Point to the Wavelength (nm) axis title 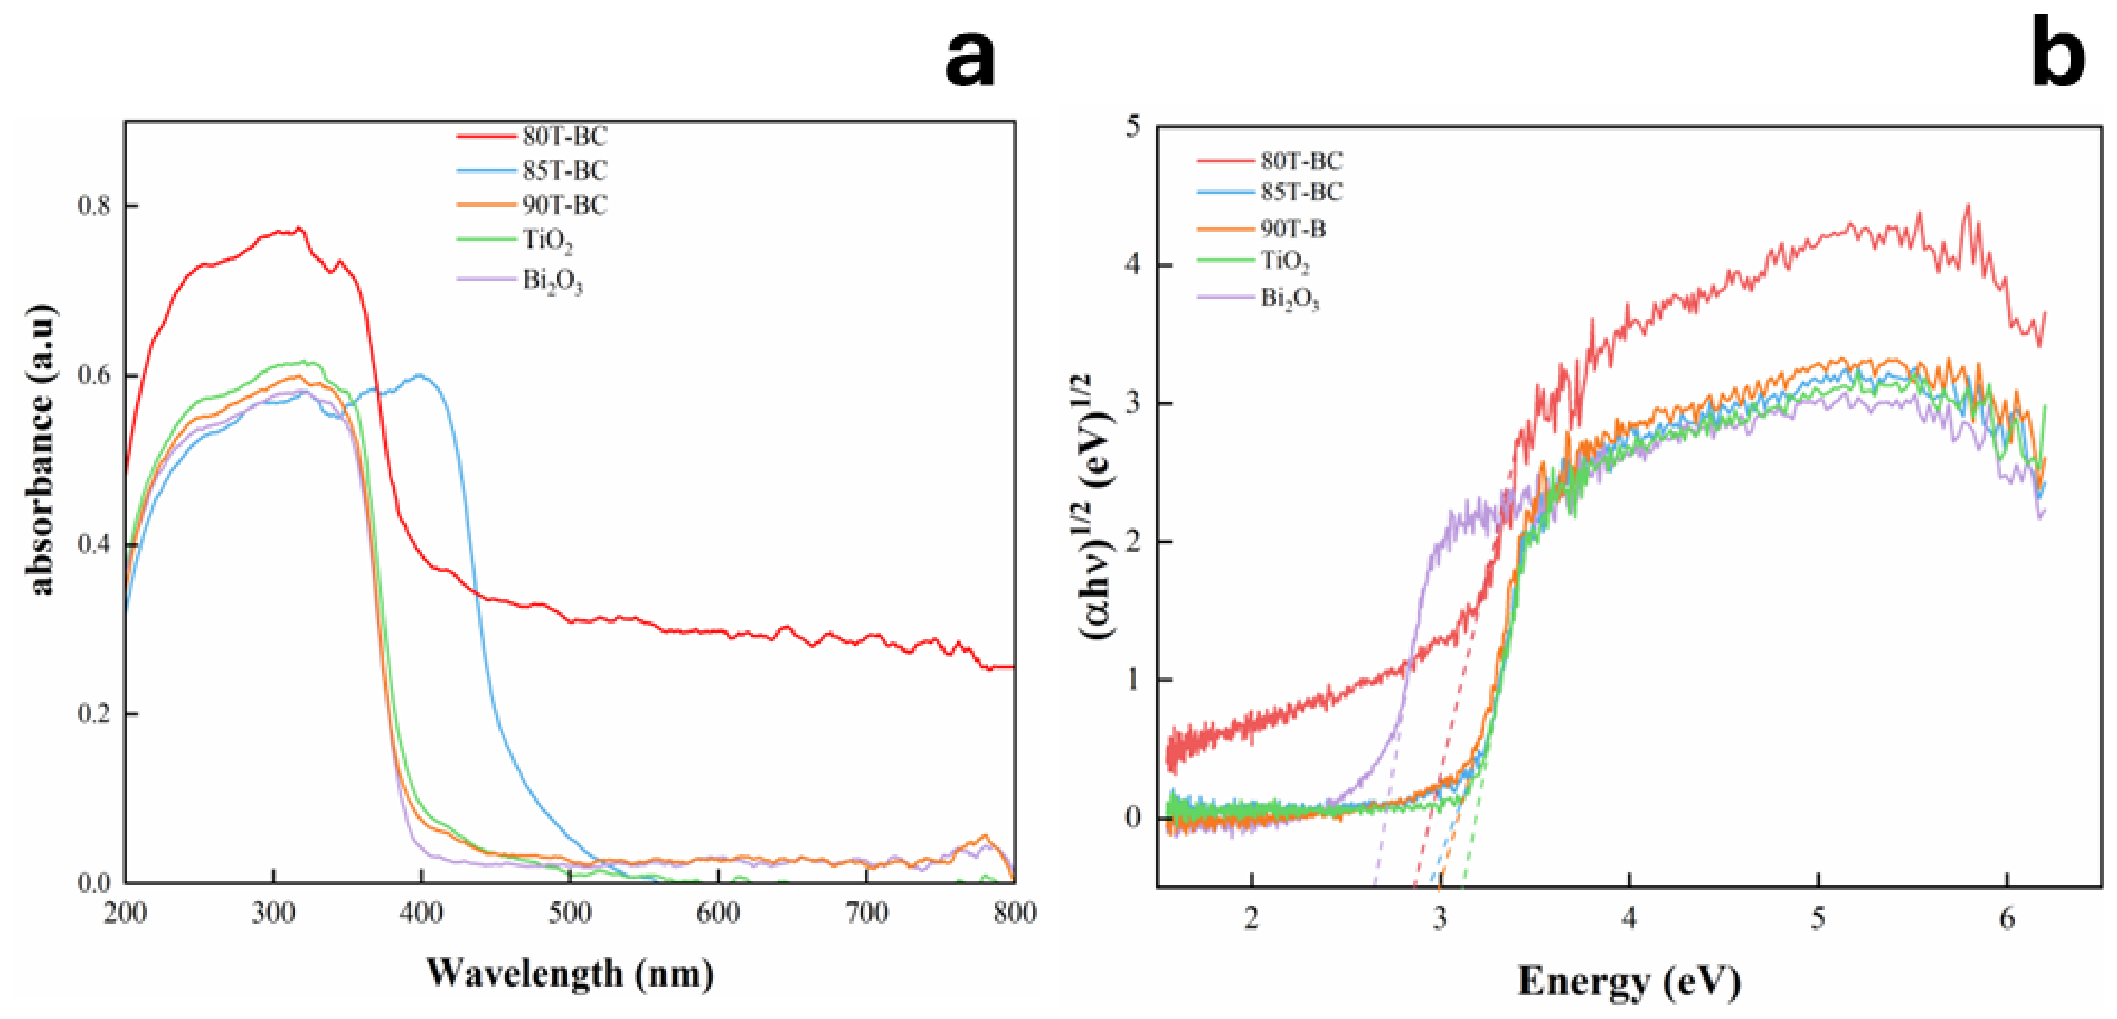pyautogui.click(x=569, y=974)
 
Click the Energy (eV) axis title pyautogui.click(x=1629, y=980)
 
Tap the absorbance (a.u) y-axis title pyautogui.click(x=43, y=449)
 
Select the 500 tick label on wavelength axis pyautogui.click(x=569, y=913)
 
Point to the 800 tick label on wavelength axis pyautogui.click(x=1014, y=913)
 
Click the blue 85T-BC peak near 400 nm pyautogui.click(x=420, y=375)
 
